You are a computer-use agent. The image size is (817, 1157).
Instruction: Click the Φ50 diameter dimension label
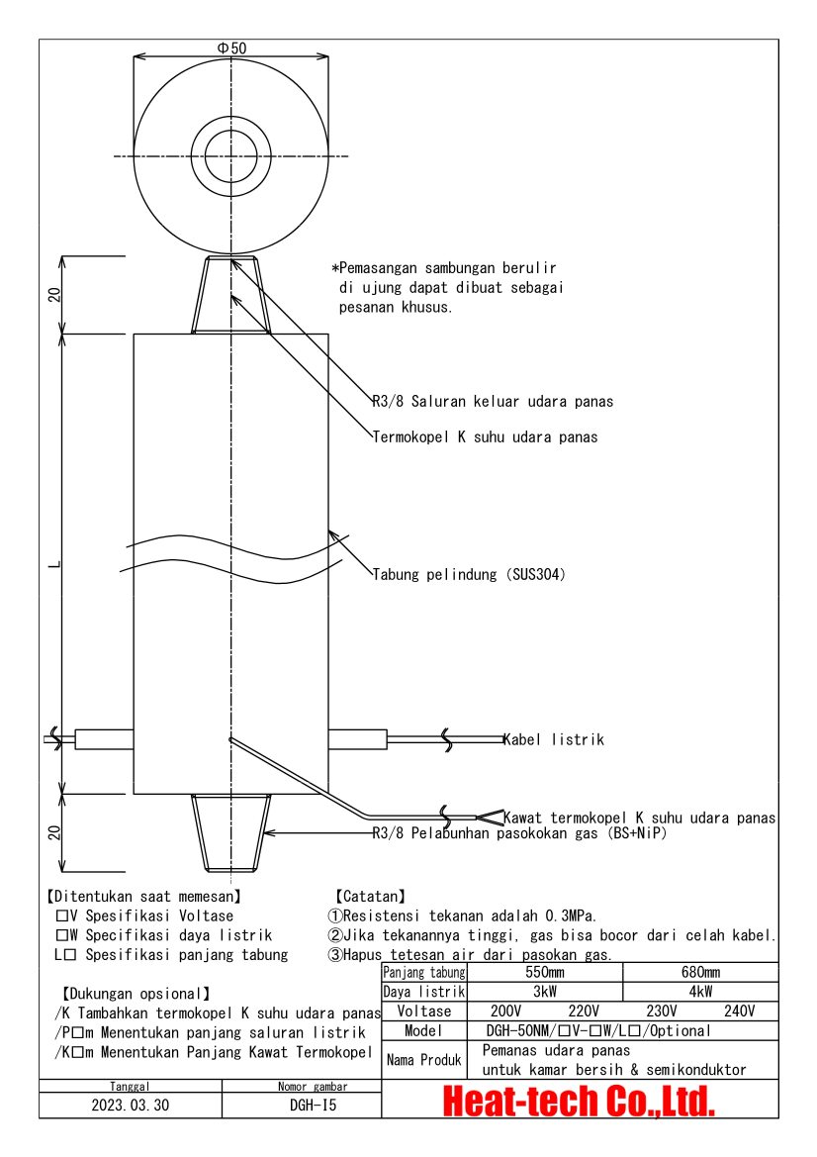231,48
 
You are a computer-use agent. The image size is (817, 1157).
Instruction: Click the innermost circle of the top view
230,156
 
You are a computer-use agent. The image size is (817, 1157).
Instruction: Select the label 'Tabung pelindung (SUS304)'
469,574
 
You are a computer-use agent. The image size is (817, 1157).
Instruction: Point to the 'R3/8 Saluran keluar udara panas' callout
493,401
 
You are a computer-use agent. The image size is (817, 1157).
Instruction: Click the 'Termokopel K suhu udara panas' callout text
485,436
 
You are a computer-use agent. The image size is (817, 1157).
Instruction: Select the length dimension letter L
55,564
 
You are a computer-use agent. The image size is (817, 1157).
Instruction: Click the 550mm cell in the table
544,973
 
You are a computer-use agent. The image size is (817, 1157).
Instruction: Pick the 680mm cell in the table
700,973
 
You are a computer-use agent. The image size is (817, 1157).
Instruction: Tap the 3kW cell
544,992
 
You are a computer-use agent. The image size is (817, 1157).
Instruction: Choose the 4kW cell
700,992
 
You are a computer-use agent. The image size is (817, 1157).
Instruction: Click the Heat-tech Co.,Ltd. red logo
579,1101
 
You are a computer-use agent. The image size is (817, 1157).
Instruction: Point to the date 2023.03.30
131,1106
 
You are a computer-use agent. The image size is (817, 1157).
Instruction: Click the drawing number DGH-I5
301,1106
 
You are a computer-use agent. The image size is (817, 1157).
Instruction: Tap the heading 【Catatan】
369,896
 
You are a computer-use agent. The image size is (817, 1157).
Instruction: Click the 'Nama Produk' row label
423,1060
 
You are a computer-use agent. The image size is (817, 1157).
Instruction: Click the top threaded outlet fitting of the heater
231,293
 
